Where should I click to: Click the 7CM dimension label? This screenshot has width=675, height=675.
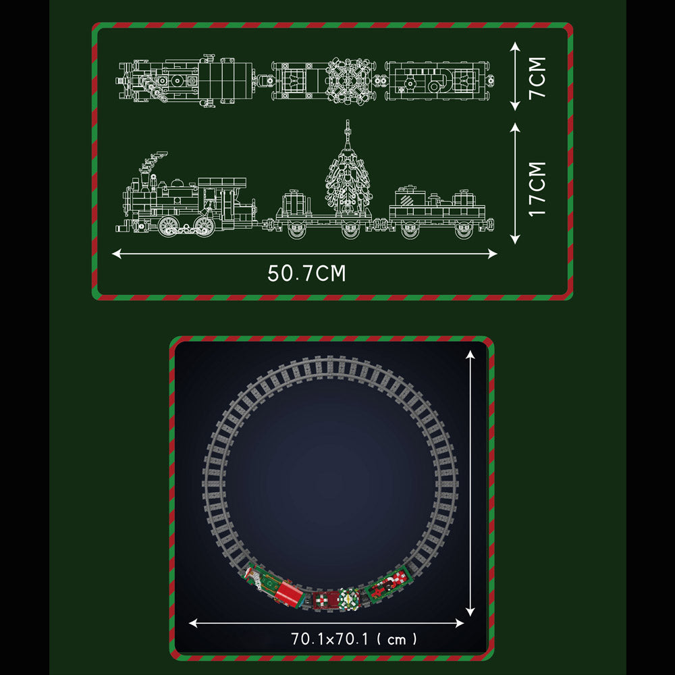pos(537,78)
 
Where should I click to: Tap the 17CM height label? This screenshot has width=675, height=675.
pos(537,189)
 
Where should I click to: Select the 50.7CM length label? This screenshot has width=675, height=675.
pos(306,273)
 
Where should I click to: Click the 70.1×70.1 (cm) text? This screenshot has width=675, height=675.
pos(354,639)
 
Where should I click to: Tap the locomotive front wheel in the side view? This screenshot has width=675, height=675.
pos(169,225)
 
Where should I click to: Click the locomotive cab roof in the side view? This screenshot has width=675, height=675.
pos(222,182)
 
